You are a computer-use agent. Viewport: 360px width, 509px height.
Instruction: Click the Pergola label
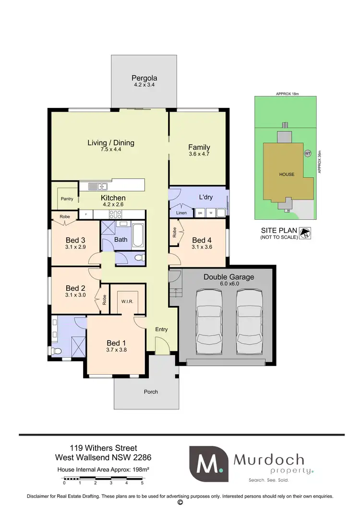(x=144, y=78)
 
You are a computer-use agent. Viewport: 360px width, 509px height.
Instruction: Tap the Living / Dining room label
(x=111, y=142)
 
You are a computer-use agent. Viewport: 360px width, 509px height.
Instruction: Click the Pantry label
(x=67, y=199)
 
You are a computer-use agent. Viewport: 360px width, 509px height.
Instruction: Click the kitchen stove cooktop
(x=115, y=215)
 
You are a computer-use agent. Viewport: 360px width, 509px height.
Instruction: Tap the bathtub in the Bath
(x=137, y=234)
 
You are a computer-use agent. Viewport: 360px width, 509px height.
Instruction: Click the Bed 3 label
(x=75, y=240)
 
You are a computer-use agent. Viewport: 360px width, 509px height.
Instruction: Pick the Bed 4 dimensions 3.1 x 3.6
(x=202, y=247)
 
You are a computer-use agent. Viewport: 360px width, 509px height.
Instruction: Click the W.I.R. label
(x=127, y=302)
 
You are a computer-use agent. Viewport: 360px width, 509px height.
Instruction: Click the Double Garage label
(x=229, y=277)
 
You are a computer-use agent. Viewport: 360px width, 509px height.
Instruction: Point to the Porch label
(x=151, y=392)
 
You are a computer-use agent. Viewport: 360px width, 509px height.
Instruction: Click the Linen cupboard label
(x=181, y=213)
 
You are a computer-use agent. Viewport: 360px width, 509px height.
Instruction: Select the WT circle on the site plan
(x=307, y=154)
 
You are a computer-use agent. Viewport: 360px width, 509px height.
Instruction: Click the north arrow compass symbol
(x=304, y=234)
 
